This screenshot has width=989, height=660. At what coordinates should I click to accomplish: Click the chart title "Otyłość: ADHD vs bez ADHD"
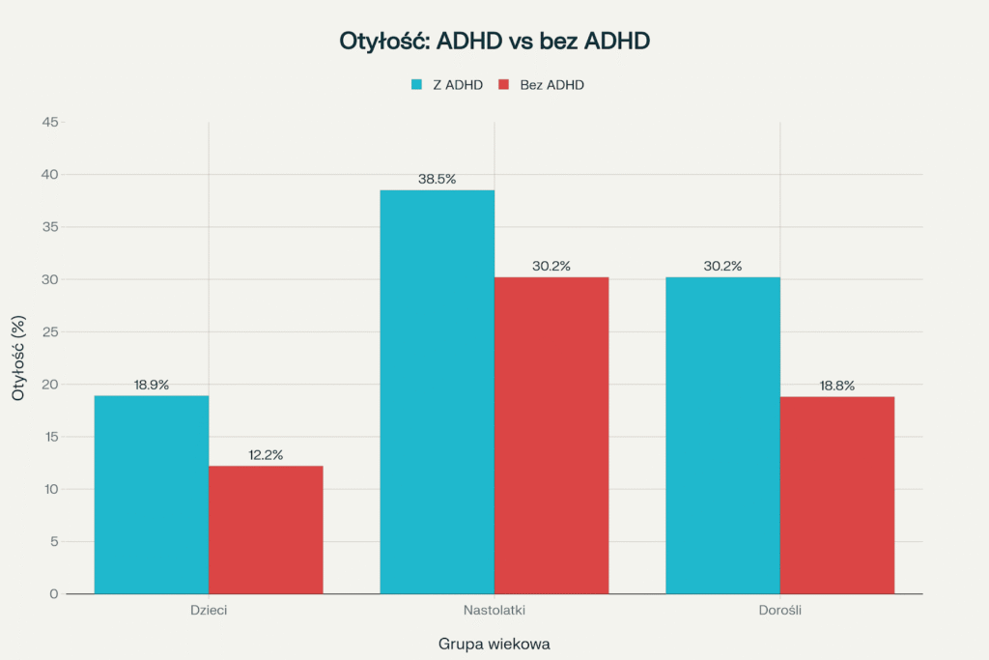pyautogui.click(x=494, y=42)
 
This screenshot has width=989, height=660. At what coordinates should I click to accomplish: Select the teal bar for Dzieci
pyautogui.click(x=152, y=494)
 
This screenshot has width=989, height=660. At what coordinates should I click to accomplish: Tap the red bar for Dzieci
pyautogui.click(x=266, y=530)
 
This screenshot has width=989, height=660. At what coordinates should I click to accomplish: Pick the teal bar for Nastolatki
pyautogui.click(x=438, y=391)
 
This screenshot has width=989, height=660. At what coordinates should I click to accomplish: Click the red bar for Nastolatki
pyautogui.click(x=551, y=435)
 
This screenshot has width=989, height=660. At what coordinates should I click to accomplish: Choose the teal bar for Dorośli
pyautogui.click(x=723, y=435)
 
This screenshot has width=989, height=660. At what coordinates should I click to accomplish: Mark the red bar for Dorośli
pyautogui.click(x=837, y=495)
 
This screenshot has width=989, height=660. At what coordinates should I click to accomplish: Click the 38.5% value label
pyautogui.click(x=438, y=179)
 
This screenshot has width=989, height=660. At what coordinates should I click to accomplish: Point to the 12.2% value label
pyautogui.click(x=265, y=454)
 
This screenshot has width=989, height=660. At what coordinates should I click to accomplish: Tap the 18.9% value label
pyautogui.click(x=152, y=385)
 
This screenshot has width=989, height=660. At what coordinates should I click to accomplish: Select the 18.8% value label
pyautogui.click(x=837, y=386)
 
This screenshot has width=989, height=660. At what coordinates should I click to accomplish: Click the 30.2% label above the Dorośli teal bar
pyautogui.click(x=723, y=266)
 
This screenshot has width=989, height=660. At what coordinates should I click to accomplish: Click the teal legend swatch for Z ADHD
pyautogui.click(x=417, y=85)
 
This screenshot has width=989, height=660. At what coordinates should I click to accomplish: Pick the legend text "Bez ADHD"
pyautogui.click(x=551, y=85)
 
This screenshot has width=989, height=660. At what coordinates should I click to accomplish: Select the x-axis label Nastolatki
pyautogui.click(x=494, y=612)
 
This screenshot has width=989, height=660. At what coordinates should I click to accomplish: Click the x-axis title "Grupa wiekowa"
pyautogui.click(x=494, y=643)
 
